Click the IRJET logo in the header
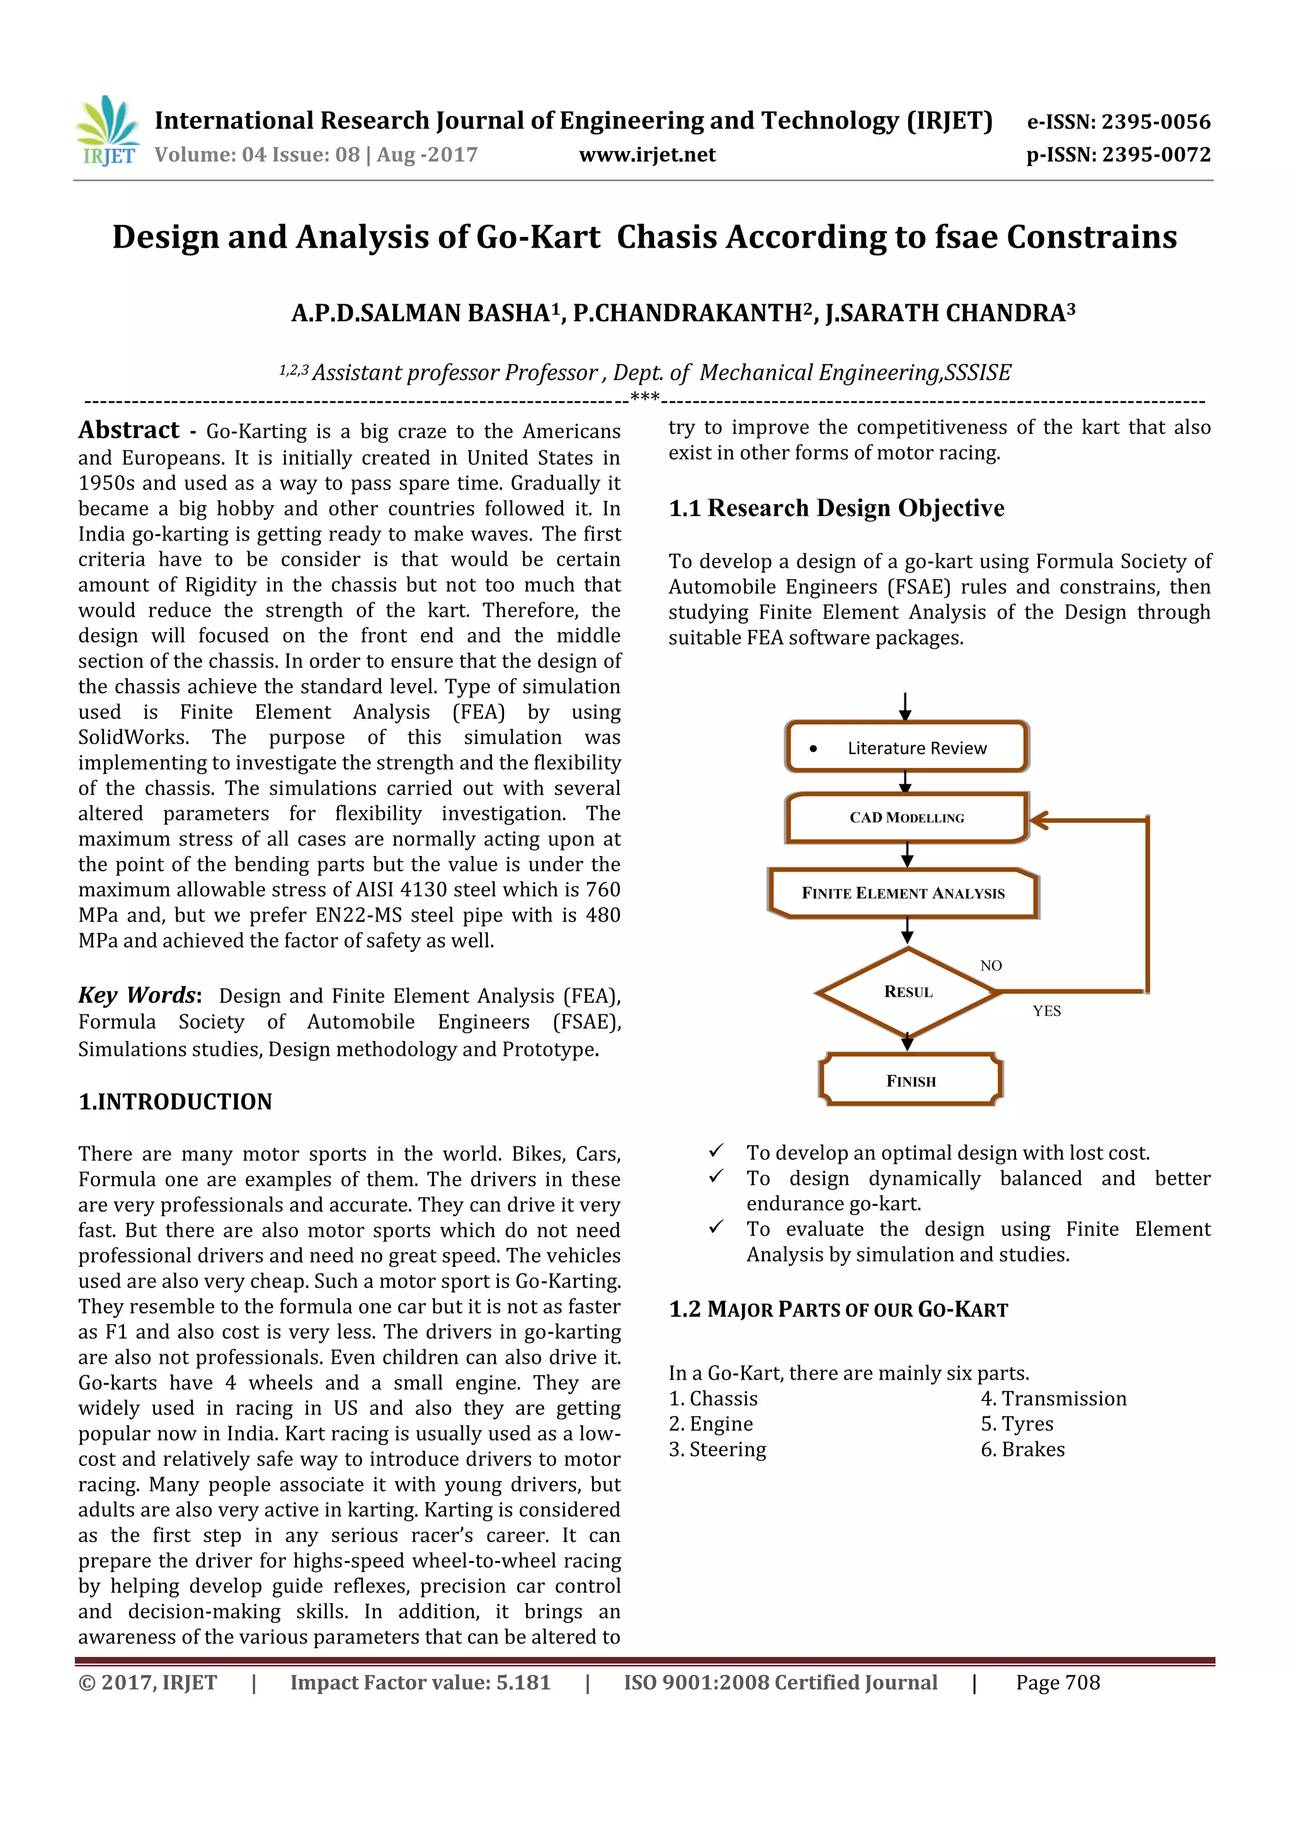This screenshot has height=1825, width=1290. click(x=107, y=131)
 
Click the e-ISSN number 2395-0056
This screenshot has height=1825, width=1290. click(x=1155, y=122)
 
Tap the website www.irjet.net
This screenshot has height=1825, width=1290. click(x=647, y=155)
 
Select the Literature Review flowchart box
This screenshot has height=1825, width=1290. click(x=907, y=747)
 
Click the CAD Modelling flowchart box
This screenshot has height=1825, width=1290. click(x=907, y=817)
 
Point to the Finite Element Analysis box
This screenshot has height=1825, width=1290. click(x=903, y=893)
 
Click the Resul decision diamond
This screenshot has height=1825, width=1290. click(x=908, y=992)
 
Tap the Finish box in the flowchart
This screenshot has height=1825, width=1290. click(x=911, y=1081)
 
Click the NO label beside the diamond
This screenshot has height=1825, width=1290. click(x=990, y=966)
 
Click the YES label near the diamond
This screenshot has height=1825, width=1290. click(x=1046, y=1011)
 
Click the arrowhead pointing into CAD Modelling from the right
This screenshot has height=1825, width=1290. click(x=1039, y=821)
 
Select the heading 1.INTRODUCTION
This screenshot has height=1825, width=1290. click(x=175, y=1102)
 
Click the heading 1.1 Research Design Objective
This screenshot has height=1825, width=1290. click(x=836, y=508)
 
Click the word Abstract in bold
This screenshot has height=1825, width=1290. click(x=128, y=430)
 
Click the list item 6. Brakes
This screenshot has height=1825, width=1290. click(x=1022, y=1449)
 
